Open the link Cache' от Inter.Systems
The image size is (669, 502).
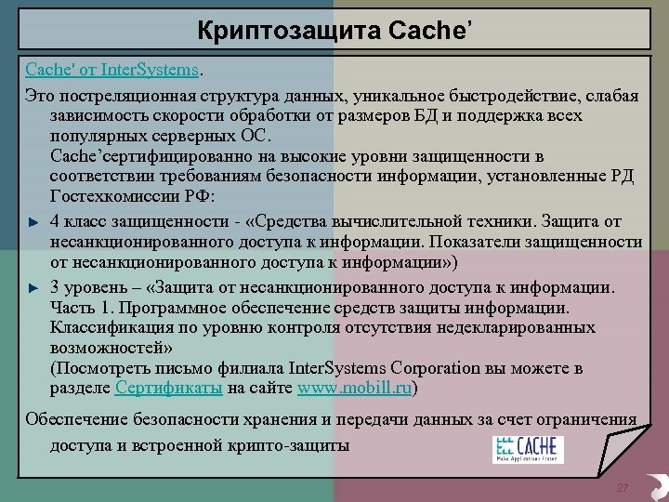(111, 69)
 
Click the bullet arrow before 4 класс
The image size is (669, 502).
(33, 221)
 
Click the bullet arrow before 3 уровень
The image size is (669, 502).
(33, 287)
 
